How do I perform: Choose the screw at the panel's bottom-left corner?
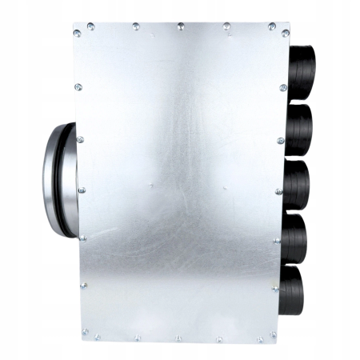[84, 329]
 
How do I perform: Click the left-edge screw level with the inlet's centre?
[81, 190]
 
